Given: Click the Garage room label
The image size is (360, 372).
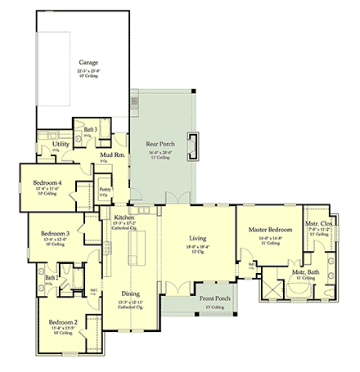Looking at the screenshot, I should pyautogui.click(x=88, y=62).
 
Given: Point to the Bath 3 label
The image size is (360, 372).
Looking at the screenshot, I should pyautogui.click(x=90, y=129).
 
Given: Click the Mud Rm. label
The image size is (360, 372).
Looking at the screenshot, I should pyautogui.click(x=112, y=153).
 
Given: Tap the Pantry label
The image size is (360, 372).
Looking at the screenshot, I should pyautogui.click(x=105, y=190).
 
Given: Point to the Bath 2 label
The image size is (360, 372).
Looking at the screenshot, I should pyautogui.click(x=52, y=279).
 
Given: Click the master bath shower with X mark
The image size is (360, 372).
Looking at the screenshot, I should pyautogui.click(x=270, y=289).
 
